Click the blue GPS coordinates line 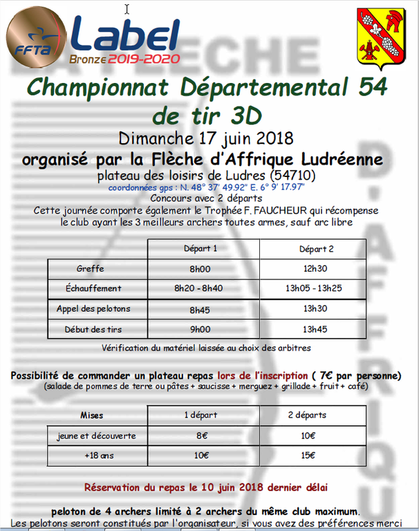click(x=207, y=187)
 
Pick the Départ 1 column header click(x=201, y=249)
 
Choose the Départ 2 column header click(x=316, y=249)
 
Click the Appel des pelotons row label click(x=93, y=309)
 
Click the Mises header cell click(x=91, y=416)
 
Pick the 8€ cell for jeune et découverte click(x=201, y=436)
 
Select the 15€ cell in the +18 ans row click(x=308, y=456)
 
